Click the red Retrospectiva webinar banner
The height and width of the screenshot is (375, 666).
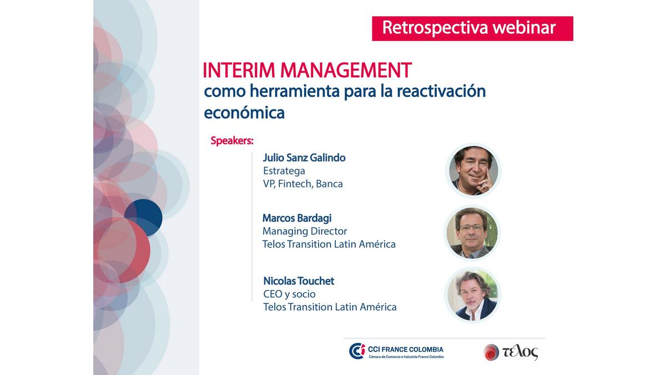pyautogui.click(x=472, y=28)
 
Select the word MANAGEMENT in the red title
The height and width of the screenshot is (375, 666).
pyautogui.click(x=346, y=70)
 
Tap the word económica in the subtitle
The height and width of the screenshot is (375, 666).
pyautogui.click(x=244, y=113)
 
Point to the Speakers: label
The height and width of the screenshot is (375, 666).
pyautogui.click(x=232, y=141)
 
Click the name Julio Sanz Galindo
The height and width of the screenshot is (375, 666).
pyautogui.click(x=304, y=158)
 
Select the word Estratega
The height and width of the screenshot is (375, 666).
pyautogui.click(x=284, y=171)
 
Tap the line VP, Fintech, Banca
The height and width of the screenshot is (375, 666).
pyautogui.click(x=302, y=184)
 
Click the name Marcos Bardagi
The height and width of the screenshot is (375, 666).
pyautogui.click(x=297, y=218)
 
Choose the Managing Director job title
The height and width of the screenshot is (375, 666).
pyautogui.click(x=305, y=231)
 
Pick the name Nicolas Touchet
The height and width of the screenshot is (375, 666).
pyautogui.click(x=299, y=281)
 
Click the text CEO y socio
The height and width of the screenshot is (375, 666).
pyautogui.click(x=289, y=294)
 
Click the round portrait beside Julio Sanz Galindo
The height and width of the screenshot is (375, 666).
pyautogui.click(x=473, y=171)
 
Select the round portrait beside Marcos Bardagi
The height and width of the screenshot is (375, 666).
pyautogui.click(x=472, y=233)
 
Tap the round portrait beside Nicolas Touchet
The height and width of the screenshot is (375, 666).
pyautogui.click(x=472, y=295)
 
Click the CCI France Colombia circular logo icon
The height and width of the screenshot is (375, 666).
pyautogui.click(x=357, y=351)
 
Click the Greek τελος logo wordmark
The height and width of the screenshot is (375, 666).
pyautogui.click(x=521, y=352)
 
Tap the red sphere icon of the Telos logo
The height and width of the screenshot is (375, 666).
pyautogui.click(x=491, y=352)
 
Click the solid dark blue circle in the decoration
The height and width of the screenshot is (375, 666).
pyautogui.click(x=143, y=218)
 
